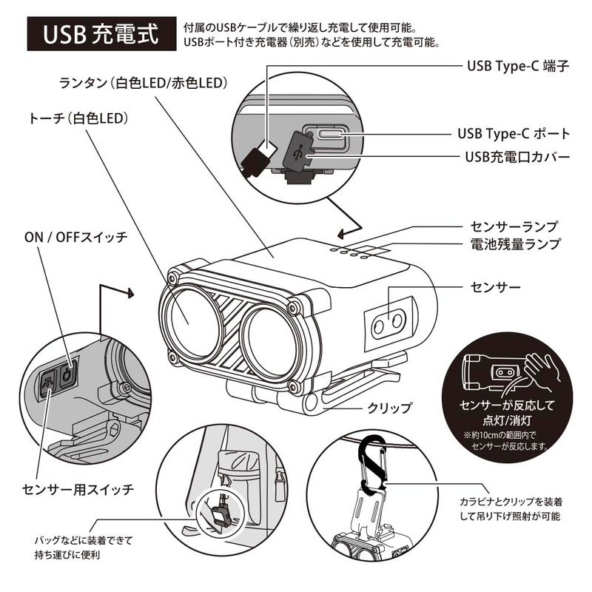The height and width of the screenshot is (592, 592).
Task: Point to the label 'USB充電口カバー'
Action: coord(517,157)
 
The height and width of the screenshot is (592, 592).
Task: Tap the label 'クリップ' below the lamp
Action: coord(388,407)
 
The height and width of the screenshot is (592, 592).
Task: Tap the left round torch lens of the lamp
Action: coord(188,319)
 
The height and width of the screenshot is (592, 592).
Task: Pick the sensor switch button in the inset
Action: coord(49,383)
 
